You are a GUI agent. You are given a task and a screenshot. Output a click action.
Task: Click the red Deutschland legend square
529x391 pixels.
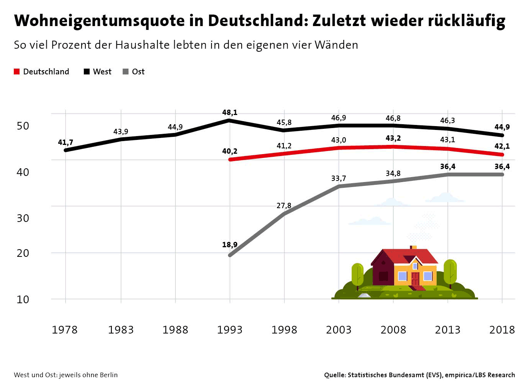coord(17,72)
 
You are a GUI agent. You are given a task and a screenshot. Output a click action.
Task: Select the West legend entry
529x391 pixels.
coord(98,72)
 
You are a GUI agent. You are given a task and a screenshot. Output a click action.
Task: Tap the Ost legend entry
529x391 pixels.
coord(134,72)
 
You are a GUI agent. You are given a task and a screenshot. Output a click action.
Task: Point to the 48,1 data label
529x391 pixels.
coord(230,112)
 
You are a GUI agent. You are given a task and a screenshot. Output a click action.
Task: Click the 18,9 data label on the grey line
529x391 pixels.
coord(230,245)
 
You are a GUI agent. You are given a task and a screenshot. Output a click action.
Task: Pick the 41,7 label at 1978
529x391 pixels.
coord(66,142)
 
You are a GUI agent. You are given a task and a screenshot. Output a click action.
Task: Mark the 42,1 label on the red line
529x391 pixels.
coord(502,146)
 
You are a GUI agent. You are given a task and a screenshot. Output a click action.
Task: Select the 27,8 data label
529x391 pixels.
coord(284,205)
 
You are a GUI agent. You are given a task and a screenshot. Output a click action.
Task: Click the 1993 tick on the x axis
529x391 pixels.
coord(230,330)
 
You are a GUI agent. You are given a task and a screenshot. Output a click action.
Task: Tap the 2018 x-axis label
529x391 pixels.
coord(502,330)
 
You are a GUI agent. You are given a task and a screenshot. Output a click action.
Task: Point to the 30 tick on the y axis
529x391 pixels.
coord(23,218)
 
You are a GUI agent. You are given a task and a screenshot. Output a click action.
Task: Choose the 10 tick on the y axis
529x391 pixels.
coord(23,299)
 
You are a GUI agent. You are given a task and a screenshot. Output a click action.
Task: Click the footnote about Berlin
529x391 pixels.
coord(66,375)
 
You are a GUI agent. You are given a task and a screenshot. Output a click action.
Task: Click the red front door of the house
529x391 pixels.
coord(415,279)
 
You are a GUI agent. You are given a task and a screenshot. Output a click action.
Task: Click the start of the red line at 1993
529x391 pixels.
coord(230,159)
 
